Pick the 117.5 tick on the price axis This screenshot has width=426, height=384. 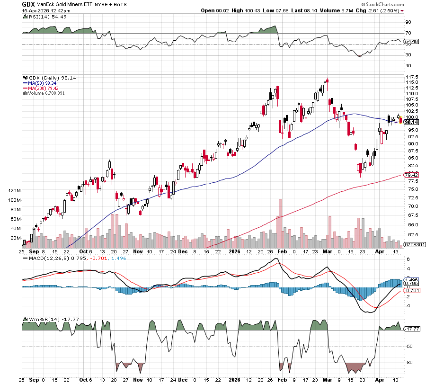(x=411, y=77)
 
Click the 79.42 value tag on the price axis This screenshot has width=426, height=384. (x=411, y=175)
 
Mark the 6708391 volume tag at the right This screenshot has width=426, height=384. (x=413, y=245)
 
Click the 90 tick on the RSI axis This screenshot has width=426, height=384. (x=408, y=22)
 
